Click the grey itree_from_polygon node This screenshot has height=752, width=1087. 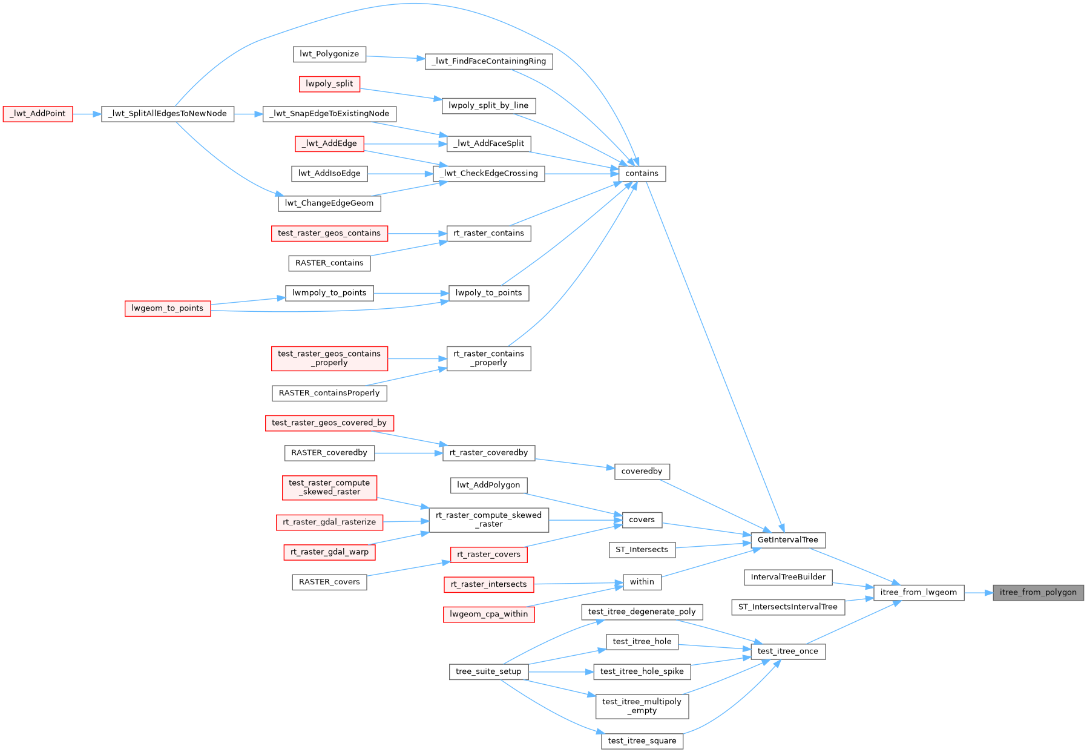1038,592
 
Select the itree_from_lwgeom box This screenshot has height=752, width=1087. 918,592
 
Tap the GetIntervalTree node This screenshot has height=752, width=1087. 787,539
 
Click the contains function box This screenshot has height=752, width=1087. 642,173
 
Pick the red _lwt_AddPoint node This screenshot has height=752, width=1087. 38,113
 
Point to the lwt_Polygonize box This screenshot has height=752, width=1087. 329,54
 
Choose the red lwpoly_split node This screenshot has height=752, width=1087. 329,84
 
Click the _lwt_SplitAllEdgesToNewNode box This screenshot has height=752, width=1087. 168,113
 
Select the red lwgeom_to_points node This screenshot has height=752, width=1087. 168,308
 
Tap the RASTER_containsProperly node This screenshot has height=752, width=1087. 329,393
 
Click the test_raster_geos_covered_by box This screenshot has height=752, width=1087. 329,423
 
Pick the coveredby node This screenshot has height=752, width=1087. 642,471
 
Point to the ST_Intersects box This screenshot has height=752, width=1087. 642,549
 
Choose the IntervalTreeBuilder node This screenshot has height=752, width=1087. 788,577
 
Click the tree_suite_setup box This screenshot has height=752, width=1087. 488,671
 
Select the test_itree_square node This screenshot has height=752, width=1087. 642,741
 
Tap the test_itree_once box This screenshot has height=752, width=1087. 787,651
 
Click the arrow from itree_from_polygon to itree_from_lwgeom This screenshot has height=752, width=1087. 978,592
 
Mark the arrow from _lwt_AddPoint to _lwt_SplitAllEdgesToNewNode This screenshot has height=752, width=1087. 87,113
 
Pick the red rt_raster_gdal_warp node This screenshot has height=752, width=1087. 329,552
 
